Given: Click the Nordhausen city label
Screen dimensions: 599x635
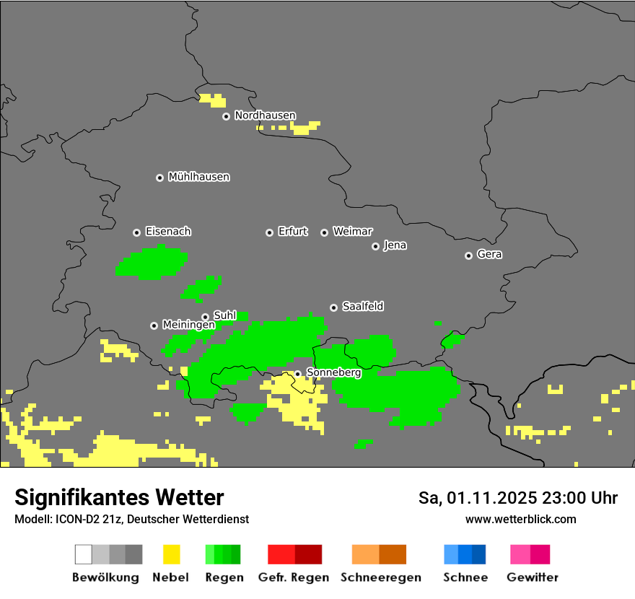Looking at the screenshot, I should point(265,115).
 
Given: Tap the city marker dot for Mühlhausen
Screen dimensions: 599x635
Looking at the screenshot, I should point(159,178).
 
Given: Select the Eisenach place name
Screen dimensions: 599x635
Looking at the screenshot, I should point(168,232).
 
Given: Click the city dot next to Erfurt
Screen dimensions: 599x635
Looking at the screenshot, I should point(269,232).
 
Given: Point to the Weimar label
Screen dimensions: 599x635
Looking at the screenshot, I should point(352,232).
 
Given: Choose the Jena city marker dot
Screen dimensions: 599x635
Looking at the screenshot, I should point(375,246).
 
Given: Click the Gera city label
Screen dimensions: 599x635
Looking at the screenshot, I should point(489,255).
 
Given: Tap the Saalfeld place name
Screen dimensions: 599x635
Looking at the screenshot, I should point(362,307).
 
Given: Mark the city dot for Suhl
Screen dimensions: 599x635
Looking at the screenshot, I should point(205,317).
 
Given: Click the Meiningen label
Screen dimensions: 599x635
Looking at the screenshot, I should point(188,325).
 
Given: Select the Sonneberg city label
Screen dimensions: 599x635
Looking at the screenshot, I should point(333,373).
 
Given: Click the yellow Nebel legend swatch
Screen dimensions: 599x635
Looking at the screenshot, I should point(171,554).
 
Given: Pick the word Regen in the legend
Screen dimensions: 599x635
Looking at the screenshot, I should point(224,577).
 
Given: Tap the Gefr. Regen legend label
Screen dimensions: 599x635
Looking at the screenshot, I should point(294,577).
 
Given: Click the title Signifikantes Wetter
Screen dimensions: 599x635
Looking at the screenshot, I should point(119,498).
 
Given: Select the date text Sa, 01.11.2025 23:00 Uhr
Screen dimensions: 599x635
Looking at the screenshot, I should point(518,498).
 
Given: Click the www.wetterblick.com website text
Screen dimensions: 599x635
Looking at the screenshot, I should point(520,520).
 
